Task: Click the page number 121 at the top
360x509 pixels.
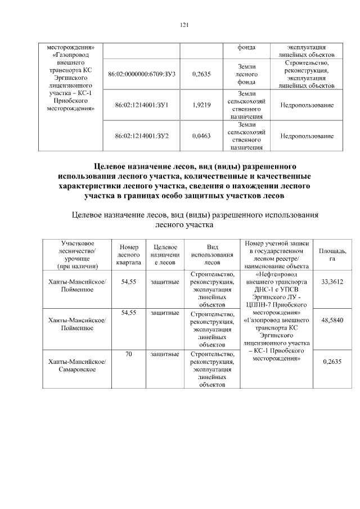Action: coord(183,25)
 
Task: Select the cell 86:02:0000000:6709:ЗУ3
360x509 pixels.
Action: coord(141,74)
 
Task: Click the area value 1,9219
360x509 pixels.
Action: coord(201,105)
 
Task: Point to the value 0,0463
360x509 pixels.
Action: coord(201,136)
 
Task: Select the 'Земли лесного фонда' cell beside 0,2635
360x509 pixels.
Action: coord(247,74)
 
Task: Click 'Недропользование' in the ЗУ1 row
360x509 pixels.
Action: coord(307,105)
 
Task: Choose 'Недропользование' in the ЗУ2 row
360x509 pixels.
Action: coord(307,136)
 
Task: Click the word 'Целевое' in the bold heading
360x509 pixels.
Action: coord(112,167)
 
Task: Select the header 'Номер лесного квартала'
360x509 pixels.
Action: coord(129,254)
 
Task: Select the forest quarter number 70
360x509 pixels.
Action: coord(129,354)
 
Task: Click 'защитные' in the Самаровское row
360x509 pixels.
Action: coord(165,354)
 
